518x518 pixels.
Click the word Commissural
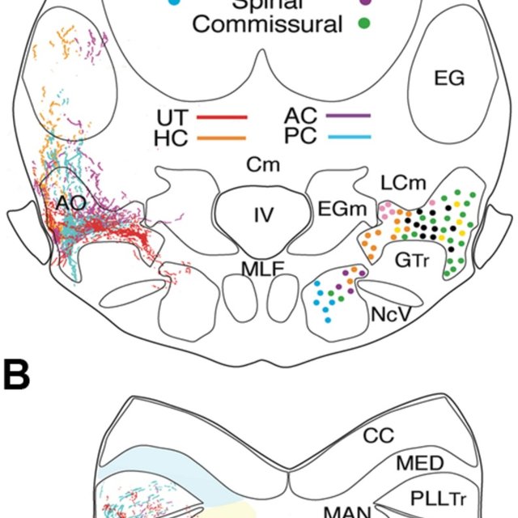267,24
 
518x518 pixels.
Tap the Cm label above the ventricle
263,165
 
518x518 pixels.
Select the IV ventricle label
263,215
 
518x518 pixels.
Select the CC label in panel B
378,435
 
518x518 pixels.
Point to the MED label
420,463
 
